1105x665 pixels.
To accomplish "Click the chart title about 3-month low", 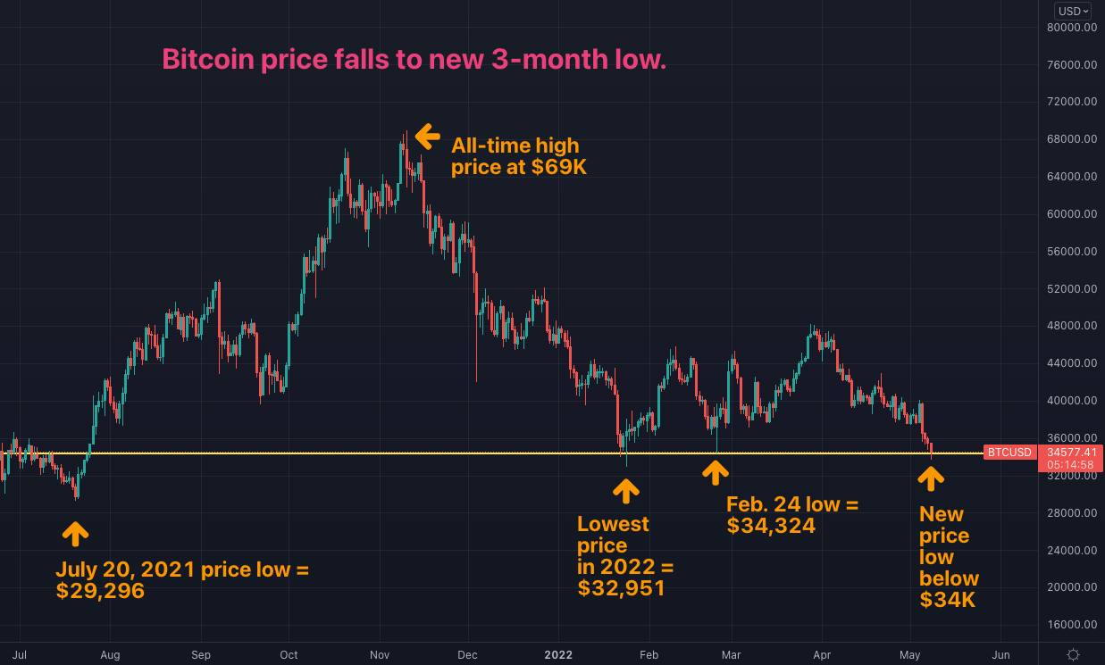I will click(414, 60).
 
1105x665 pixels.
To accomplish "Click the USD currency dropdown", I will click(1072, 11).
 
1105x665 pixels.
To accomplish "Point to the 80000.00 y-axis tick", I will click(1072, 27).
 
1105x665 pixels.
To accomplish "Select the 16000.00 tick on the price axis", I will click(1072, 624).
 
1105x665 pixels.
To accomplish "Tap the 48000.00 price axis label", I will click(1072, 326).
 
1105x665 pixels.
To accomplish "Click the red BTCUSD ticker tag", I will click(1009, 453).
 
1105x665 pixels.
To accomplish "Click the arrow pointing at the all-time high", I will click(428, 137).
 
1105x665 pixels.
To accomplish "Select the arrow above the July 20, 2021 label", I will click(75, 534).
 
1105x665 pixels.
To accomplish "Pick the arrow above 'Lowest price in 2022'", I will click(626, 490).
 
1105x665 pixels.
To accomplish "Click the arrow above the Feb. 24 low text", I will click(715, 472).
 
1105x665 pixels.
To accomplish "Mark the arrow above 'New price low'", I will click(931, 479).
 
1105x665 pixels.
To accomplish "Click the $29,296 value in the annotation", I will click(100, 591).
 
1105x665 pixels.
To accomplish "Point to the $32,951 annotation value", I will click(621, 588).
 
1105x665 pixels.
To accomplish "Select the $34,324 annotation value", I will click(771, 527).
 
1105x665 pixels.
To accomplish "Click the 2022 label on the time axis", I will click(558, 655).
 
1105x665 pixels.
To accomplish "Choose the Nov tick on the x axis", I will click(380, 655).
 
